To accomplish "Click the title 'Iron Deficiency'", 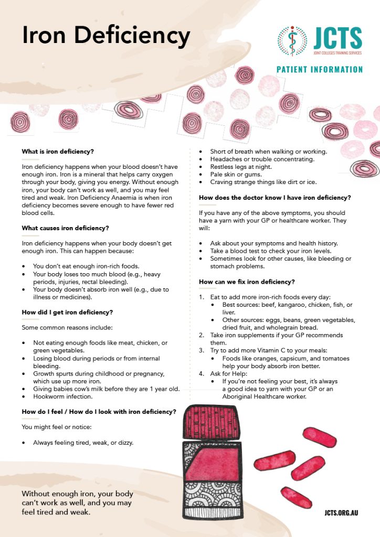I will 105,36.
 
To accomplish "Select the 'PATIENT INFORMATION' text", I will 320,69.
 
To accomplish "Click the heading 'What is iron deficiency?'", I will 58,152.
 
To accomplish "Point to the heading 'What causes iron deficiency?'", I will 65,228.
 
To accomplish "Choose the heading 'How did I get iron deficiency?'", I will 67,312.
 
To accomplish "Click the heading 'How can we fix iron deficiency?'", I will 247,282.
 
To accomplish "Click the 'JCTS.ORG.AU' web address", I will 342,513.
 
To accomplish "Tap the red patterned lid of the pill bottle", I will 213,422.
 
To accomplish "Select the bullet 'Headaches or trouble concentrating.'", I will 262,159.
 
